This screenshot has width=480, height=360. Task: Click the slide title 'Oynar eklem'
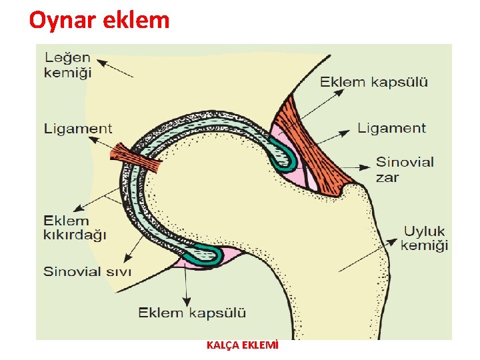coord(99,21)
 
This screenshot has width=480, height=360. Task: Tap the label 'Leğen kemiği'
coord(67,65)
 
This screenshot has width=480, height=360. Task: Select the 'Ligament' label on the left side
coord(78,128)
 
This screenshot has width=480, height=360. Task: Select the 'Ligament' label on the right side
coord(391,127)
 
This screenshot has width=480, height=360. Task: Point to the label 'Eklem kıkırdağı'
coord(75,227)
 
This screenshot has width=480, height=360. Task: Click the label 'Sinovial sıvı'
coord(87,271)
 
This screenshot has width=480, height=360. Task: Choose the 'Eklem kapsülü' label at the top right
coord(374,83)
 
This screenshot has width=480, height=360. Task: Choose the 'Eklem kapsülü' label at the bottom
coord(192,312)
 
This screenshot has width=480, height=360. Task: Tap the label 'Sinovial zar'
coord(405,169)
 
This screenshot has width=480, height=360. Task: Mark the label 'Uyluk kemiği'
coord(424,238)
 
